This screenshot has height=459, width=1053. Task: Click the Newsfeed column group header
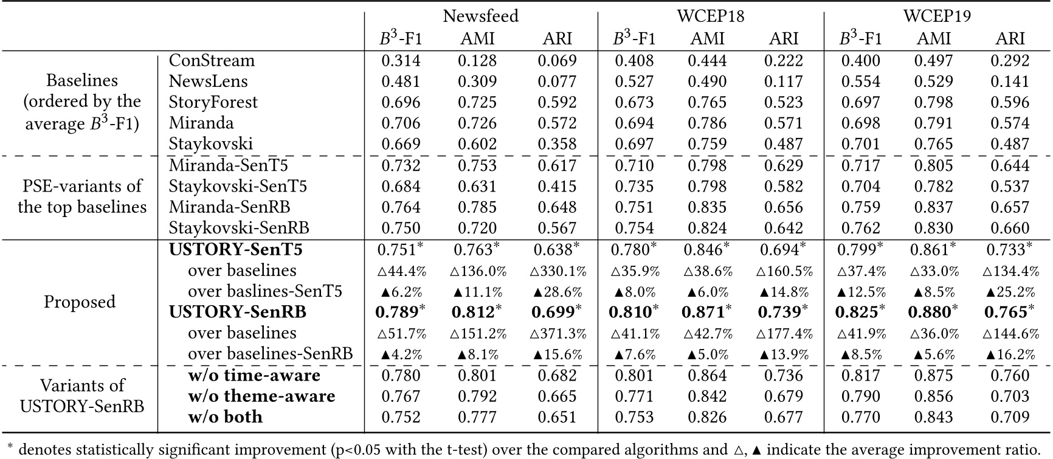coord(480,16)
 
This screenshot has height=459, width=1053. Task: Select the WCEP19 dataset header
coord(937,16)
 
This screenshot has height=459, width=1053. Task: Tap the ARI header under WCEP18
coord(784,38)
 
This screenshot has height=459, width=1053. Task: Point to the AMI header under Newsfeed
coord(477,38)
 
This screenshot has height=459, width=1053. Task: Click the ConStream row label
coord(212,61)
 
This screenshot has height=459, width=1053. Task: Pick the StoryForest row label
coord(213,102)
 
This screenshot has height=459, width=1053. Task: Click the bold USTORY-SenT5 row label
coord(236,249)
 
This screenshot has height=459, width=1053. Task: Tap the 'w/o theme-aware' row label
coord(261,396)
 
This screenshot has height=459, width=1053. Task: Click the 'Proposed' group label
coord(80,302)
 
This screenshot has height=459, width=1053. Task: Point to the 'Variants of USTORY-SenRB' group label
coord(82,396)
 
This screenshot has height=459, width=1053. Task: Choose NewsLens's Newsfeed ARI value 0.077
coord(557,81)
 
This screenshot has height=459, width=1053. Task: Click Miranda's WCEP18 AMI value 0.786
coord(707,123)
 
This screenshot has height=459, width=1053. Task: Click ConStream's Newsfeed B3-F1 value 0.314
coord(401,61)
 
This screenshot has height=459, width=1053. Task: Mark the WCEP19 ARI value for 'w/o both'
coord(1010,417)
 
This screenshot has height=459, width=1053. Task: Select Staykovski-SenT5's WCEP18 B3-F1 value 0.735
coord(634,186)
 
